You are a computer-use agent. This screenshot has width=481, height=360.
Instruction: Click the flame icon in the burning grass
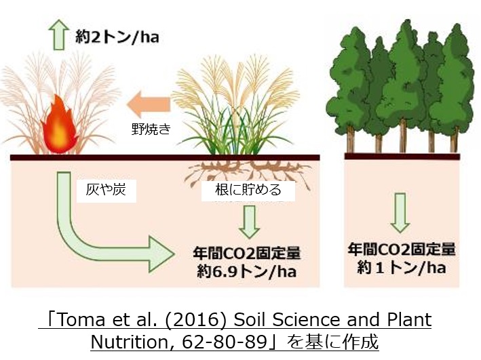60,125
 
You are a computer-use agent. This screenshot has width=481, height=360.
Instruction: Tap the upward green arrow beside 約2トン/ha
58,35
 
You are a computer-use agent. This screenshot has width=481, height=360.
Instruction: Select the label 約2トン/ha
117,37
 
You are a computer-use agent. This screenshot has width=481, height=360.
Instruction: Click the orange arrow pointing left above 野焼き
149,104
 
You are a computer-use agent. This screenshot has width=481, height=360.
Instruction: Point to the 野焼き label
151,129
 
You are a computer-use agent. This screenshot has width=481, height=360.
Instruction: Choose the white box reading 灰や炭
106,191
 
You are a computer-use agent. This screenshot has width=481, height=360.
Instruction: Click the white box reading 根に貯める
248,191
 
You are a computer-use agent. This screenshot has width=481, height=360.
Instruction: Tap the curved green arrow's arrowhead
161,254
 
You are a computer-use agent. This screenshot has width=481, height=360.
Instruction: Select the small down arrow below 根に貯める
250,222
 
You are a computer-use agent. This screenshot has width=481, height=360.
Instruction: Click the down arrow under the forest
400,212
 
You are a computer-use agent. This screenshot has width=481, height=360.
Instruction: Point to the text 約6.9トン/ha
247,272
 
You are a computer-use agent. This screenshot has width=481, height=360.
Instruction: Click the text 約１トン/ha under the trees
401,268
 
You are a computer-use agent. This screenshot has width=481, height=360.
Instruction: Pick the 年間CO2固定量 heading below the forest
401,249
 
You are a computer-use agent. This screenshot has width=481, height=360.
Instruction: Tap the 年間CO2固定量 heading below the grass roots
247,253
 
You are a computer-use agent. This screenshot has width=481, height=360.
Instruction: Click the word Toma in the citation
81,319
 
